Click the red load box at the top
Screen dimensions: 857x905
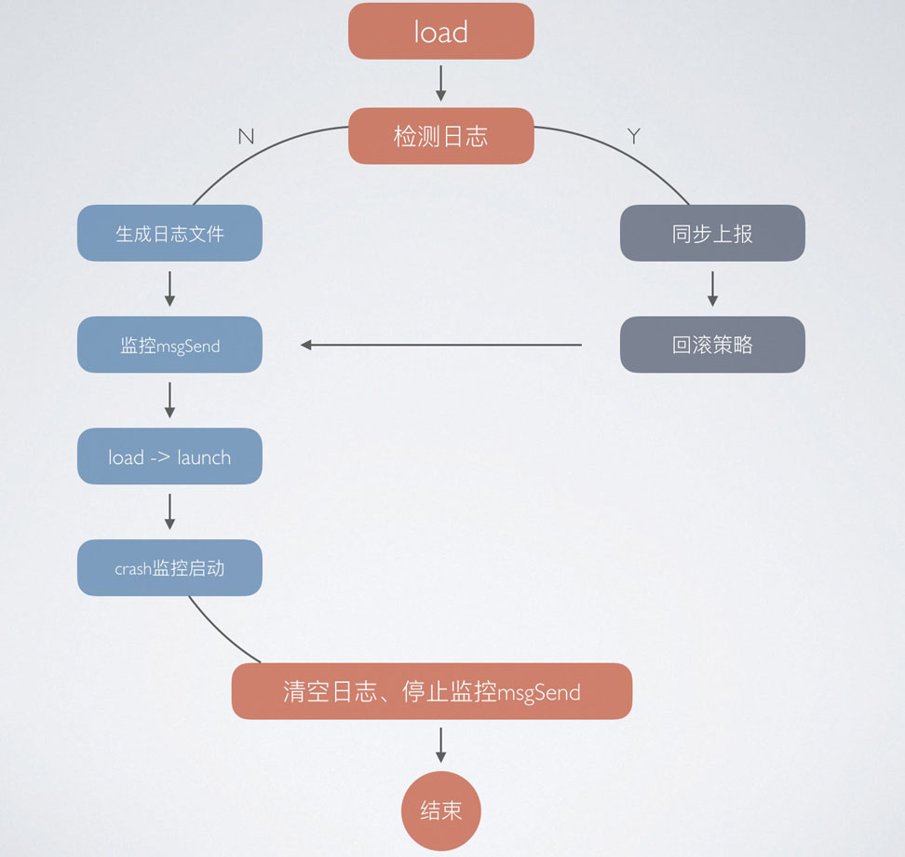click(x=440, y=32)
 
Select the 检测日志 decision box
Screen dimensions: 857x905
click(x=440, y=136)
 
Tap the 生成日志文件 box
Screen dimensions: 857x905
click(x=169, y=233)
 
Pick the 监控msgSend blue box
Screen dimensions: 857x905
click(x=169, y=345)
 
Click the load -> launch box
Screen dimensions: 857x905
click(x=169, y=456)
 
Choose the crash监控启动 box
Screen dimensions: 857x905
click(x=169, y=567)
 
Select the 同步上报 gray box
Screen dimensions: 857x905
click(x=712, y=233)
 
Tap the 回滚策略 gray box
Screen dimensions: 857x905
click(x=712, y=345)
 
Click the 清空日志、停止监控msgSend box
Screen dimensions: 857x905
click(x=431, y=691)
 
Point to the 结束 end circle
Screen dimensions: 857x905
click(x=440, y=810)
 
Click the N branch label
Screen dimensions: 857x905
click(x=246, y=137)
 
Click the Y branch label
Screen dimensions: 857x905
click(x=634, y=137)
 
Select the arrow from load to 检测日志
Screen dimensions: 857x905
click(x=440, y=83)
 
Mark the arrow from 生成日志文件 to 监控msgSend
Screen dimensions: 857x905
click(x=169, y=289)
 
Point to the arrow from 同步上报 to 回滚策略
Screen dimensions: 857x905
click(x=712, y=289)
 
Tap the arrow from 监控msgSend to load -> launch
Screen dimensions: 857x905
click(x=169, y=401)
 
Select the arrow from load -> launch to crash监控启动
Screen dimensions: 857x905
click(x=169, y=511)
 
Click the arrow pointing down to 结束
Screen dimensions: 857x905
click(x=440, y=745)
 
